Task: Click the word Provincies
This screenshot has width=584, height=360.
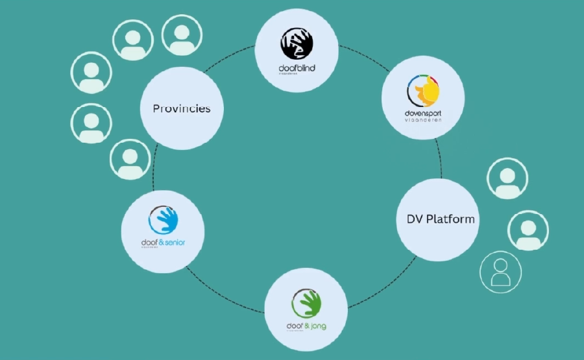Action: [x=182, y=108]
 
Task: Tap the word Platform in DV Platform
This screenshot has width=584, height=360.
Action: [x=450, y=219]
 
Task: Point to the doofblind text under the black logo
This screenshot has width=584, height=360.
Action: [x=297, y=68]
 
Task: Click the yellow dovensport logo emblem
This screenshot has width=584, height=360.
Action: [x=423, y=91]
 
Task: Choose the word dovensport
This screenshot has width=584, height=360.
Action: [x=423, y=113]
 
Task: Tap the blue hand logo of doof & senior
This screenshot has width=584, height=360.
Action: [x=163, y=220]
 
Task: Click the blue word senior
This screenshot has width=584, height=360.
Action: [x=173, y=243]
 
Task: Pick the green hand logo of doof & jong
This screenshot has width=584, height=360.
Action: [x=306, y=302]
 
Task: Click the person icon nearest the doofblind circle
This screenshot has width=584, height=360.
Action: [x=182, y=35]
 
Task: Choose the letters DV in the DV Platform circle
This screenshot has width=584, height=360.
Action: [x=406, y=219]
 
